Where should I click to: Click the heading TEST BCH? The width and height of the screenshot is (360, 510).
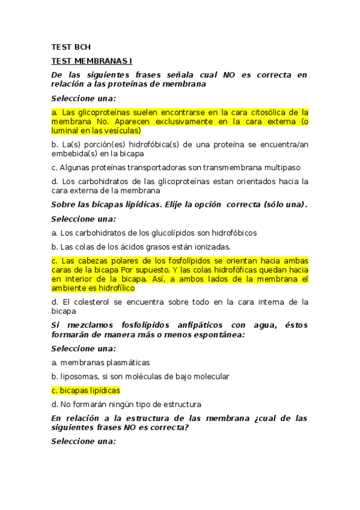71,47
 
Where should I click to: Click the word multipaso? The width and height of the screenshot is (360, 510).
281,167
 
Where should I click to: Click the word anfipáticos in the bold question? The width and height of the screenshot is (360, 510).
191,325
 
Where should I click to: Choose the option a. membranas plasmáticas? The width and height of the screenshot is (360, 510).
100,363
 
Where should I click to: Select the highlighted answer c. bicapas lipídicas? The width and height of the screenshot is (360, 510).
86,390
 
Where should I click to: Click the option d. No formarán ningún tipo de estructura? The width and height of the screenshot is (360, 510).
126,404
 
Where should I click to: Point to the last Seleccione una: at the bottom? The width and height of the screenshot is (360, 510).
83,441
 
